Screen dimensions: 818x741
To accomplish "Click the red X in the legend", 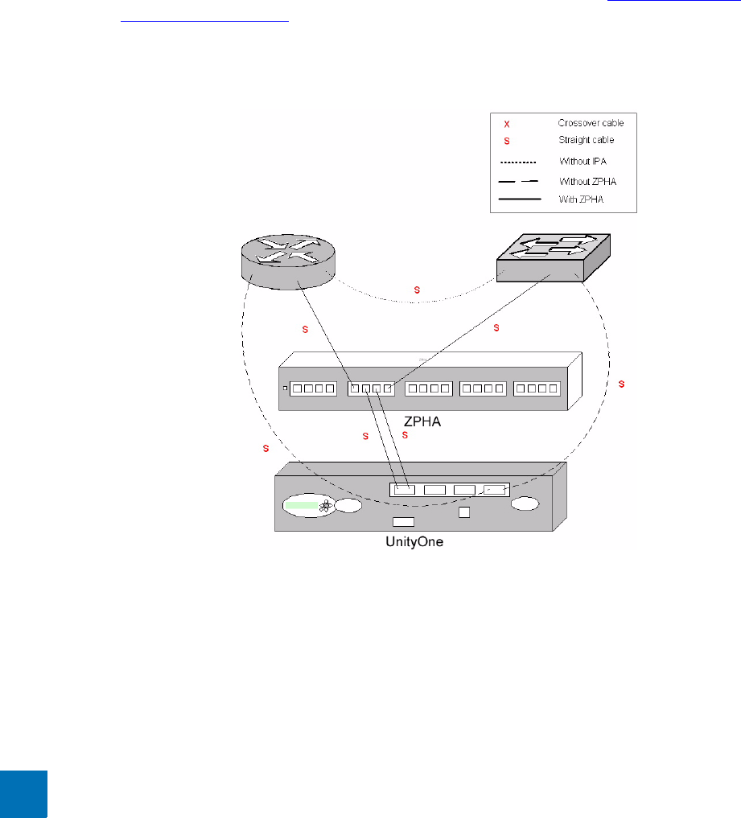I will [506, 125].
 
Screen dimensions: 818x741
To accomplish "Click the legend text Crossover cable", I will [591, 123].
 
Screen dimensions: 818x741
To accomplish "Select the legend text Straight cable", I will [586, 140].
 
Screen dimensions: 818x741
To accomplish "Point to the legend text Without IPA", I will [582, 161].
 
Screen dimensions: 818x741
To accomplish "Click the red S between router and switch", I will [416, 288].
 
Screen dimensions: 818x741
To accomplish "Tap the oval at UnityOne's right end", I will [525, 504].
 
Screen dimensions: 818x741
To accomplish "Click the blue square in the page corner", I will [23, 794].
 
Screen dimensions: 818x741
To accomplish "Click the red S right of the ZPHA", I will [621, 384].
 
